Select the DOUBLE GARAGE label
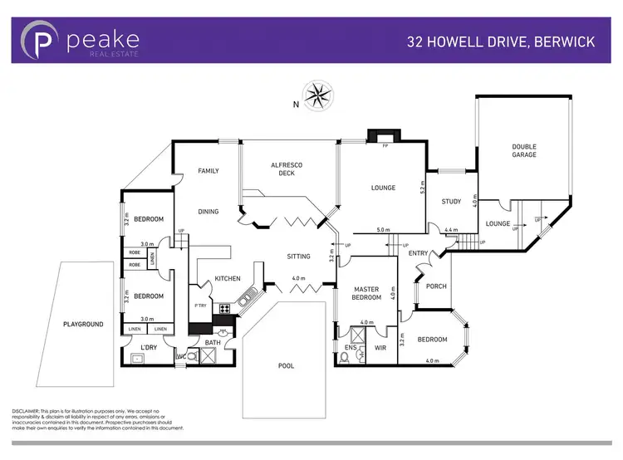pyautogui.click(x=523, y=150)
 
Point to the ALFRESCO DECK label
pyautogui.click(x=288, y=170)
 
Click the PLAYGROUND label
pyautogui.click(x=83, y=324)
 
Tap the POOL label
pyautogui.click(x=286, y=365)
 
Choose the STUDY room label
pyautogui.click(x=451, y=202)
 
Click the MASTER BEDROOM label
pyautogui.click(x=365, y=293)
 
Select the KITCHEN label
pyautogui.click(x=228, y=278)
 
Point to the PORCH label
pyautogui.click(x=435, y=286)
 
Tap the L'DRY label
pyautogui.click(x=149, y=346)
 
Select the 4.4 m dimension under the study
pyautogui.click(x=451, y=230)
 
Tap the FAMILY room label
pyautogui.click(x=208, y=171)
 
